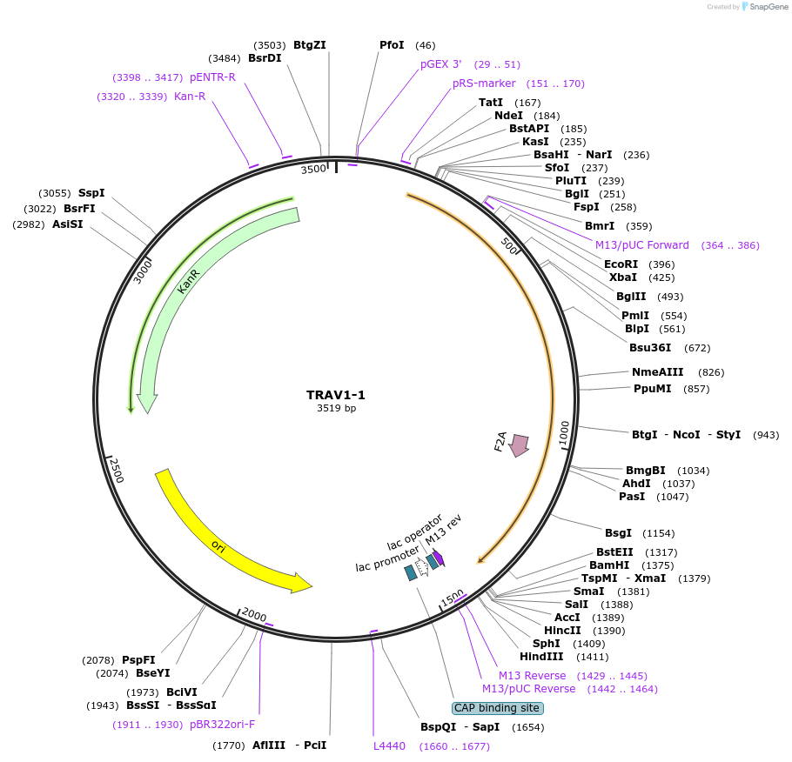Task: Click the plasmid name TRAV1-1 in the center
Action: click(336, 395)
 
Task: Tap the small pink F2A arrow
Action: click(520, 444)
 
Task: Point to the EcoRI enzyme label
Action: click(621, 264)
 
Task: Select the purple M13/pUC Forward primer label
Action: click(642, 245)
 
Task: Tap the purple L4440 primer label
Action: click(389, 746)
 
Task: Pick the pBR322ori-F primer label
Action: click(222, 724)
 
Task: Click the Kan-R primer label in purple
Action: click(190, 97)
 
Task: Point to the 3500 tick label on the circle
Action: click(313, 169)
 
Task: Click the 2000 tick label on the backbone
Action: click(254, 615)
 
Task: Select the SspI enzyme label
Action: click(91, 193)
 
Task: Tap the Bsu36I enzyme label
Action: click(650, 348)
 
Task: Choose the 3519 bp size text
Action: click(336, 409)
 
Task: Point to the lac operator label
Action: click(415, 531)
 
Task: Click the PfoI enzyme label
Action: click(392, 45)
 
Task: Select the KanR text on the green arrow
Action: click(189, 280)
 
